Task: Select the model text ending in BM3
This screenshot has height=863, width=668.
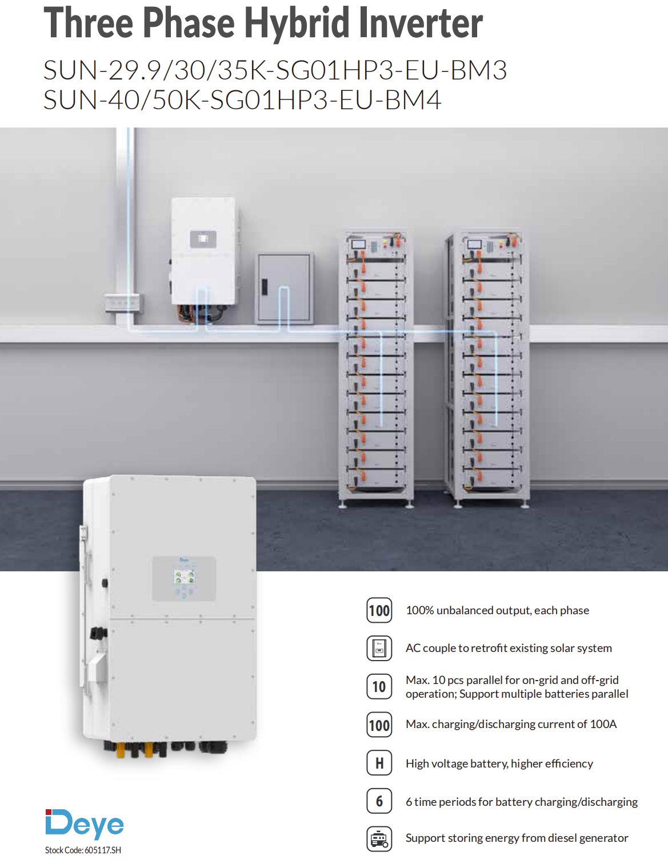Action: pos(275,70)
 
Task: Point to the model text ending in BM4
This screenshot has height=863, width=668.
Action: pos(242,100)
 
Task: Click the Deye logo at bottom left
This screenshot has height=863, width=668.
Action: pos(85,824)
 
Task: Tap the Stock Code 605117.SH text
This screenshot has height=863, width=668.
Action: pos(83,850)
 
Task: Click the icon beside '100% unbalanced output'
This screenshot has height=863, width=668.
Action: pos(379,610)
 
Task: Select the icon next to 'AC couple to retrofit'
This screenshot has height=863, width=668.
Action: pos(379,648)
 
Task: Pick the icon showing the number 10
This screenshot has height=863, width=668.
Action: pos(379,687)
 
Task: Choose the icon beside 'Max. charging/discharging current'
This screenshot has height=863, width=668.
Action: pos(379,725)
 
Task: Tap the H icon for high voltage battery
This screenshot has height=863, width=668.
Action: pos(379,763)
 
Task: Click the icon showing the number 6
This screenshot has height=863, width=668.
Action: pos(379,801)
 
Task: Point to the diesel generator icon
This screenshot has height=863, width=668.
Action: pos(379,839)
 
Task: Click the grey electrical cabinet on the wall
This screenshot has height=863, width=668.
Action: pos(284,288)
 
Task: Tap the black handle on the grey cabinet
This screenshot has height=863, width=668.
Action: pos(264,287)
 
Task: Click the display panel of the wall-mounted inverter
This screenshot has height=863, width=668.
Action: pos(203,239)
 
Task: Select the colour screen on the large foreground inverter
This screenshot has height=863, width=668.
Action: pos(183,576)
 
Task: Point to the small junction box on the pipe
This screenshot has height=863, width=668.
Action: pos(122,303)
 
